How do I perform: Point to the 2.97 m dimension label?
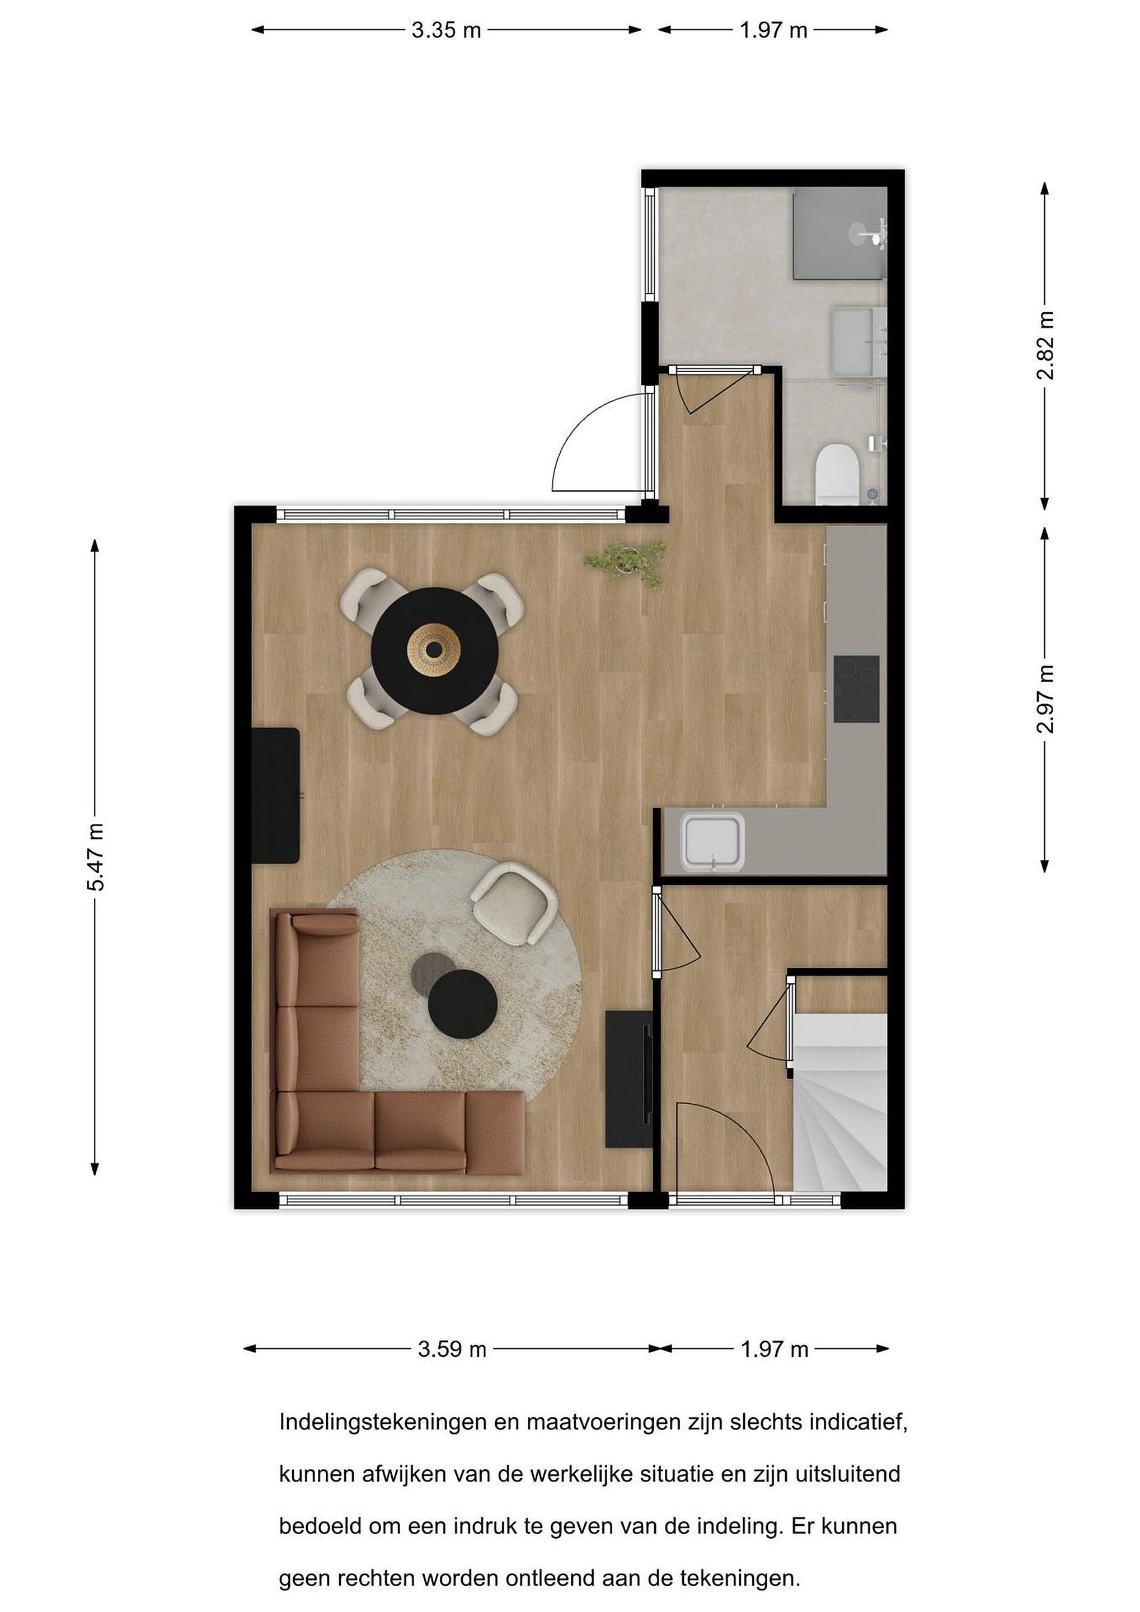[x=1045, y=699]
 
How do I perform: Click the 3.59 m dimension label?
[x=452, y=1349]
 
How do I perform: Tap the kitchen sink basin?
[x=712, y=842]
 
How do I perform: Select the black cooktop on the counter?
[x=856, y=689]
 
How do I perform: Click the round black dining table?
[x=435, y=651]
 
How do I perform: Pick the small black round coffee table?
[x=463, y=1003]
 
